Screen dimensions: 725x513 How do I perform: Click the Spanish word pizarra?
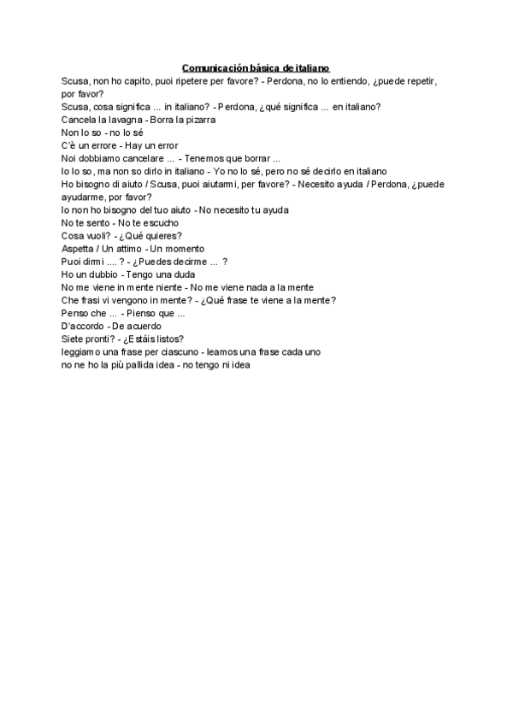click(198, 120)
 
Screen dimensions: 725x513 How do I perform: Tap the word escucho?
click(159, 222)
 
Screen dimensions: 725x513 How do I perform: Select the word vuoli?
click(102, 235)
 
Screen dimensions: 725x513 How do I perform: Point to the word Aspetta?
click(79, 248)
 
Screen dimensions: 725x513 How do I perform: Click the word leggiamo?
click(83, 351)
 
